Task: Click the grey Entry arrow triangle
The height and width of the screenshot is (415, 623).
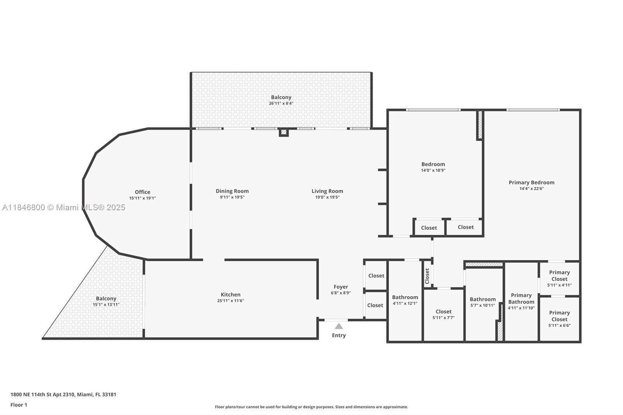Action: [x=338, y=326]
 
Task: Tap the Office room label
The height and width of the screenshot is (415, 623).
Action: [x=143, y=192]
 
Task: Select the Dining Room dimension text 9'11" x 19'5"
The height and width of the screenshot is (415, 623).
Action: [x=232, y=197]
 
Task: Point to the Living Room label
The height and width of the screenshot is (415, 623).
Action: [x=327, y=191]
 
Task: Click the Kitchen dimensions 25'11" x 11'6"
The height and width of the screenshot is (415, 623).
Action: [x=231, y=301]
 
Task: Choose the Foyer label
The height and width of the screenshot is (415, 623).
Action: [x=341, y=287]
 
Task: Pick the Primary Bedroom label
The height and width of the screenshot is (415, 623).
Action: [x=531, y=183]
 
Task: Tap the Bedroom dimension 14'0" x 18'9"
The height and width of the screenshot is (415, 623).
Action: [x=433, y=170]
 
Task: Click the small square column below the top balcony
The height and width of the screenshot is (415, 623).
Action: [x=284, y=132]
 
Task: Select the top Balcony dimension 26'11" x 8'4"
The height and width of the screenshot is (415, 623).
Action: [x=281, y=104]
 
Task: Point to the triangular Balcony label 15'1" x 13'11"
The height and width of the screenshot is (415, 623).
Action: [x=106, y=301]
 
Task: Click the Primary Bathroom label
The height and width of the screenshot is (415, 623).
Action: [x=521, y=299]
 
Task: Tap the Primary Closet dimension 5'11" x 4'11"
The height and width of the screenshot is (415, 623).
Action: [x=559, y=285]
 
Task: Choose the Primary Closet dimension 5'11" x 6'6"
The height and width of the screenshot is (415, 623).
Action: [x=559, y=325]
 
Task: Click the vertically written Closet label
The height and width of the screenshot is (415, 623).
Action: [x=427, y=276]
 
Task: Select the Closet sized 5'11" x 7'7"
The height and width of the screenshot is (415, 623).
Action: [x=443, y=314]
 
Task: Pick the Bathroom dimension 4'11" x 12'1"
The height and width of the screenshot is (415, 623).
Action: [x=405, y=303]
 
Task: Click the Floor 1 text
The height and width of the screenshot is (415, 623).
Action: [x=19, y=405]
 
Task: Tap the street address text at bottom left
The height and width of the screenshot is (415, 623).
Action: [x=63, y=394]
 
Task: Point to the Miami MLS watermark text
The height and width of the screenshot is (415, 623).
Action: [x=63, y=207]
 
